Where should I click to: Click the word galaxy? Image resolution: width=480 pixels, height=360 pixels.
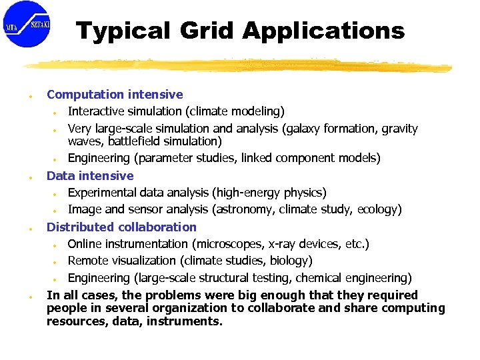[294, 129]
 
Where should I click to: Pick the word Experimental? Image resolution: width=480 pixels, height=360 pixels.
[103, 193]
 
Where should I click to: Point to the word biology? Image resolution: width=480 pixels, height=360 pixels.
[291, 261]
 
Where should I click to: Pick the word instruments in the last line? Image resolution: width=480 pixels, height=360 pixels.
[189, 321]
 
